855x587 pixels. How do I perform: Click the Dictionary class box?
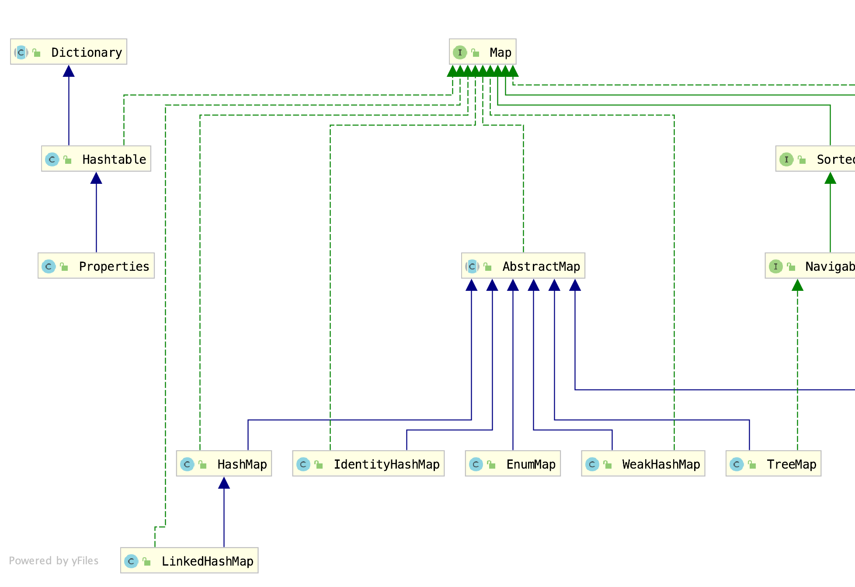click(x=69, y=52)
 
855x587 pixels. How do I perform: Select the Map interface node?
click(x=483, y=52)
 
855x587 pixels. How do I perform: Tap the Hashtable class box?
click(x=96, y=159)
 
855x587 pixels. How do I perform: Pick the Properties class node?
click(x=96, y=266)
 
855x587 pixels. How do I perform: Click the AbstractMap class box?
click(x=523, y=266)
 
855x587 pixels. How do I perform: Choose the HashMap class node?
click(x=224, y=464)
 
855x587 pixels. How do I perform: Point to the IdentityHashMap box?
click(x=368, y=464)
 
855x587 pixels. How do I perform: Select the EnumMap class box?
click(x=513, y=464)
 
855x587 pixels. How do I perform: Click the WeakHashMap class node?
click(x=643, y=464)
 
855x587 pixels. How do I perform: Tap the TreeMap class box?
click(x=773, y=464)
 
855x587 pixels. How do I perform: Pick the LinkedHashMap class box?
click(x=189, y=561)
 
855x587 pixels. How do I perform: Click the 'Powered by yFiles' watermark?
click(x=54, y=561)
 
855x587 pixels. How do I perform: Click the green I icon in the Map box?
click(x=460, y=52)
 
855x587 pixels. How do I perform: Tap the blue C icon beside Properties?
click(x=49, y=266)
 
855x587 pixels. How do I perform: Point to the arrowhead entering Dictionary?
click(x=69, y=71)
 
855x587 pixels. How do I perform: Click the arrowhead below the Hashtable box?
click(x=96, y=178)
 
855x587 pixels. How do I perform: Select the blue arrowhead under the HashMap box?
click(x=224, y=483)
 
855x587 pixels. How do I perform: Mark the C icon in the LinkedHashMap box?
click(x=131, y=561)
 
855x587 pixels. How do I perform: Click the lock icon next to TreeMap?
click(x=752, y=464)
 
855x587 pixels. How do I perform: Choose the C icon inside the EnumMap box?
click(x=476, y=464)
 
